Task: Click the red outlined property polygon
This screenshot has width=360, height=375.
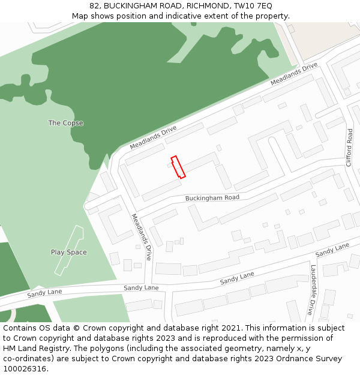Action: (x=178, y=167)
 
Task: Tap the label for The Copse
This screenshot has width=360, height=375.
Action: (x=65, y=123)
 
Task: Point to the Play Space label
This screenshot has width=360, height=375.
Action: (x=68, y=252)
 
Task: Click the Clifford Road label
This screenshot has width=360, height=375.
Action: (x=349, y=148)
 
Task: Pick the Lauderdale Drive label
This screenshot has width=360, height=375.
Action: (x=311, y=290)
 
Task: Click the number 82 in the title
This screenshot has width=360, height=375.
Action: (x=95, y=5)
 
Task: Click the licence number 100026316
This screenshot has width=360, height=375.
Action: (x=25, y=369)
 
